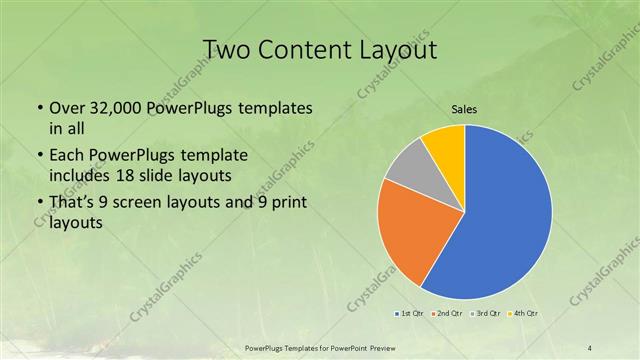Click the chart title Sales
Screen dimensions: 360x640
(x=464, y=110)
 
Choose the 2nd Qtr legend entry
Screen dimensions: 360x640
(x=448, y=314)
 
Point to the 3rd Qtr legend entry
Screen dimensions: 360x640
(x=485, y=314)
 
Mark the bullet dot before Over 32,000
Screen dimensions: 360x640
(x=39, y=107)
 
